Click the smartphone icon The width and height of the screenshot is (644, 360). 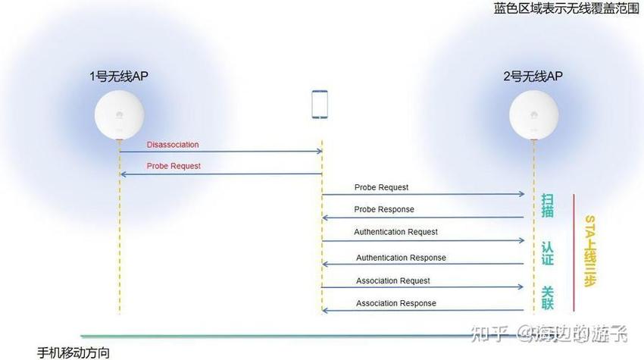(320, 105)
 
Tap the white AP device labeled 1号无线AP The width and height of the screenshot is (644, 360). (120, 115)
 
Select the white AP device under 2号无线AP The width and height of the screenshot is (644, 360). (534, 115)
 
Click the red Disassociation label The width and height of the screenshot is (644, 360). (173, 145)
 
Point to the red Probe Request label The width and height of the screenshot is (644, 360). (174, 166)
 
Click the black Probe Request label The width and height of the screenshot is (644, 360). (381, 187)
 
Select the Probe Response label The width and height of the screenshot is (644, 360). (384, 209)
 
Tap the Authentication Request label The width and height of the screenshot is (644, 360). (396, 232)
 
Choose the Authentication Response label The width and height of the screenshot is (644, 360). (401, 258)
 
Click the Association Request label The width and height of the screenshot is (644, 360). (393, 280)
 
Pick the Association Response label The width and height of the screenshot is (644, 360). (396, 303)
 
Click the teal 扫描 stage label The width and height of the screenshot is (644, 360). (548, 205)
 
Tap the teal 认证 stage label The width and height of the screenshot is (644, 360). (548, 253)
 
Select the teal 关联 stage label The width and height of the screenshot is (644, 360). (548, 298)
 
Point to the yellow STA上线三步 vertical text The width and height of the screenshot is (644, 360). (589, 251)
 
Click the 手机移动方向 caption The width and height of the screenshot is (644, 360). (73, 352)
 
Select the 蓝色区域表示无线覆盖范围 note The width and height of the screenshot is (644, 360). (567, 8)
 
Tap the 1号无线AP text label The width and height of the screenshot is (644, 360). (119, 76)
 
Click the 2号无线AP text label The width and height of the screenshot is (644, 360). (533, 76)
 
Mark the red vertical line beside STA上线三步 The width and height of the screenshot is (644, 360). (574, 252)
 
